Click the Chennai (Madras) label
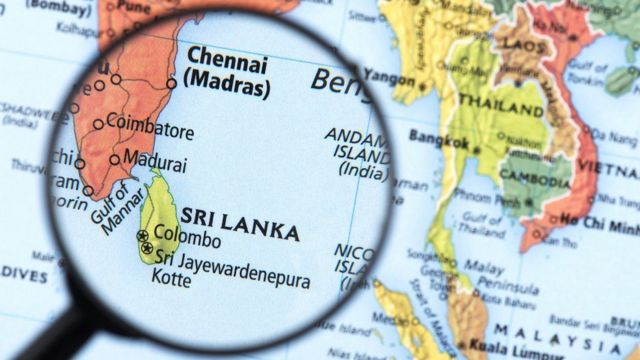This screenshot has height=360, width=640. click(228, 71)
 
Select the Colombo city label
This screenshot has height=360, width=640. click(187, 240)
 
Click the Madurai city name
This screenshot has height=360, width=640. click(153, 159)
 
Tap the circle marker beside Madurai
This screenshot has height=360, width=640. click(116, 159)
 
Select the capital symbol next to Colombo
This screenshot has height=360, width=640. click(142, 236)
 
